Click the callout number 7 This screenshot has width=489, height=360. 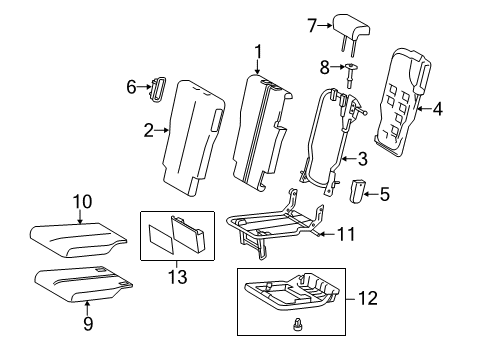[x=312, y=26]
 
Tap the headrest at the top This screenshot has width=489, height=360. [x=351, y=28]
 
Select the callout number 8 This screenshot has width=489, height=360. [x=324, y=67]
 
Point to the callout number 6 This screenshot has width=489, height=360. [x=131, y=87]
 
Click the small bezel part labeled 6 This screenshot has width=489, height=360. [x=158, y=88]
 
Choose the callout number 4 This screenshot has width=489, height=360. [x=438, y=109]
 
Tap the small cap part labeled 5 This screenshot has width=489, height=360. [x=356, y=191]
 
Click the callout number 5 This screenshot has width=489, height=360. [x=385, y=194]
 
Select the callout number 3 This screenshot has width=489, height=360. [x=362, y=159]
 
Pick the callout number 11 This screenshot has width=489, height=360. [x=347, y=234]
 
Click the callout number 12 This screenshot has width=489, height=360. [x=368, y=298]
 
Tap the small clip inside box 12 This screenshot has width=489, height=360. [x=296, y=324]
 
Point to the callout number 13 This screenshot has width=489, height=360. [x=177, y=277]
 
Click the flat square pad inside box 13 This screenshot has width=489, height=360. [x=161, y=239]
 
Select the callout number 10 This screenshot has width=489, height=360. [x=82, y=202]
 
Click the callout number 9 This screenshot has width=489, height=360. [x=88, y=323]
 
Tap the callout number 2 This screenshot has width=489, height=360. [x=149, y=130]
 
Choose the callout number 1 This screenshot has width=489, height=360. [x=258, y=52]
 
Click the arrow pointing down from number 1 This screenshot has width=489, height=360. [x=257, y=67]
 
